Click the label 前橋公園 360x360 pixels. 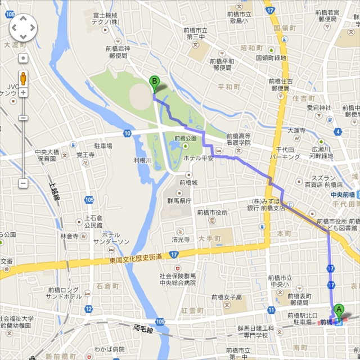pos(185,138)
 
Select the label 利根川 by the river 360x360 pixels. pos(143,160)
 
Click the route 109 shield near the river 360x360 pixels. pos(160,321)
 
